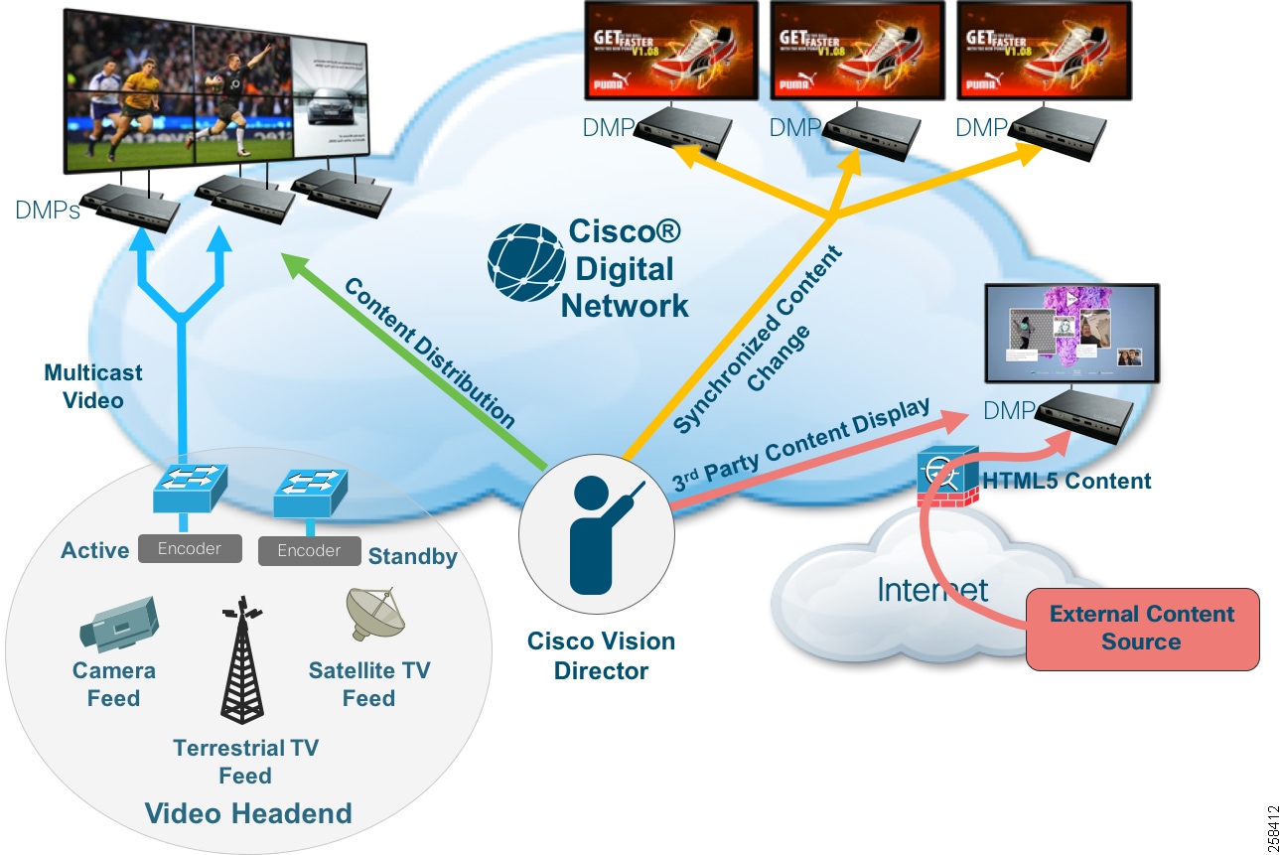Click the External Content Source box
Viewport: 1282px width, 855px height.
coord(1142,628)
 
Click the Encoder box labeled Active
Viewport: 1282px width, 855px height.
coord(189,548)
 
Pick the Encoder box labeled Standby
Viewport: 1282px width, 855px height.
coord(309,551)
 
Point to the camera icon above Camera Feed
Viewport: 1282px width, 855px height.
coord(117,623)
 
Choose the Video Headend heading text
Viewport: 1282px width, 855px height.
coord(248,814)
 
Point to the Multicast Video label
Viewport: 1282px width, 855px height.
coord(92,386)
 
